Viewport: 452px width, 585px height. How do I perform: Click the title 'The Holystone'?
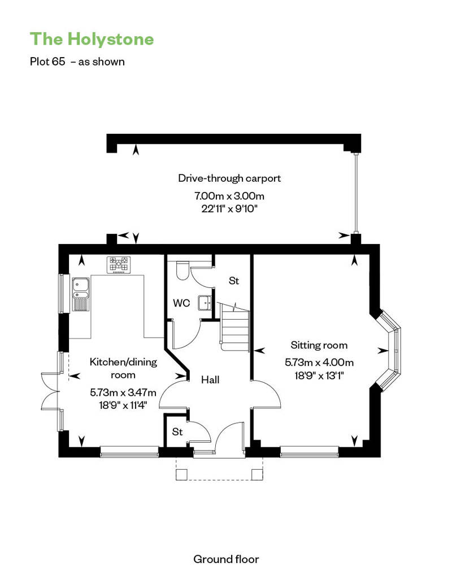pos(92,39)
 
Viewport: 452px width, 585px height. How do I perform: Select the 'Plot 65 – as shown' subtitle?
pos(77,62)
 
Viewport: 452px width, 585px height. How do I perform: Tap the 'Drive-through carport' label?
pos(229,178)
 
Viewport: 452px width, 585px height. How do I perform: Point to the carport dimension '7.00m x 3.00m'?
pos(229,195)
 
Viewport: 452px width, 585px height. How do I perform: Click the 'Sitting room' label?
pos(319,346)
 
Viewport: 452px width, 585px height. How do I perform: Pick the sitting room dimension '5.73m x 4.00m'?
pos(319,363)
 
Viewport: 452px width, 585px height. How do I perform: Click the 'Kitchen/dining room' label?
pos(123,368)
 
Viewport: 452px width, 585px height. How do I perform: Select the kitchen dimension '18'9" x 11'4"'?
pos(123,405)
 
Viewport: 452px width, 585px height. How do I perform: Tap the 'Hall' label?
pos(210,380)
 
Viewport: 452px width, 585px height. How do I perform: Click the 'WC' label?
pos(181,303)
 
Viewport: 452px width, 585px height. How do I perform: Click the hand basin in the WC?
pos(205,303)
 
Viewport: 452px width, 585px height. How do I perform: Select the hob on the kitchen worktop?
pos(119,264)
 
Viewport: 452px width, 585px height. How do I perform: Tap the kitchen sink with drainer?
pos(81,294)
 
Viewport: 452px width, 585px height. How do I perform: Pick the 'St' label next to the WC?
pos(234,281)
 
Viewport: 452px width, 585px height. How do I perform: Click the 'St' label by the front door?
pos(177,431)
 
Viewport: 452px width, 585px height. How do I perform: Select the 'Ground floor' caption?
pos(226,559)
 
